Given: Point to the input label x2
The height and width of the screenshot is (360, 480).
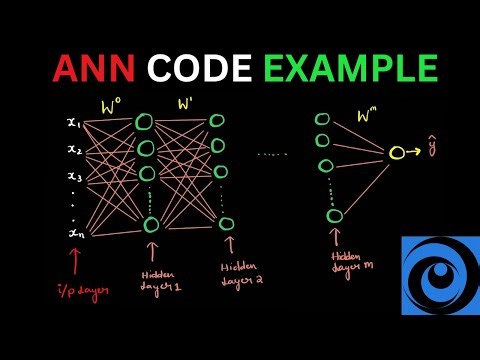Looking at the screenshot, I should click(74, 150).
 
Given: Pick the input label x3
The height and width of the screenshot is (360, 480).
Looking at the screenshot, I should click(74, 176).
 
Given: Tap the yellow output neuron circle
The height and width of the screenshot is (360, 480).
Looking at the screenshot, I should click(396, 153).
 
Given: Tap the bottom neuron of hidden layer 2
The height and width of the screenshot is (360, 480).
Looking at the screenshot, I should click(224, 223).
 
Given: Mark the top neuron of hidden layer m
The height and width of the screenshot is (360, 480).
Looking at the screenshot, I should click(321, 115).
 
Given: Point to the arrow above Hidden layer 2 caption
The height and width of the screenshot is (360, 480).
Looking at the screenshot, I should click(229, 245).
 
